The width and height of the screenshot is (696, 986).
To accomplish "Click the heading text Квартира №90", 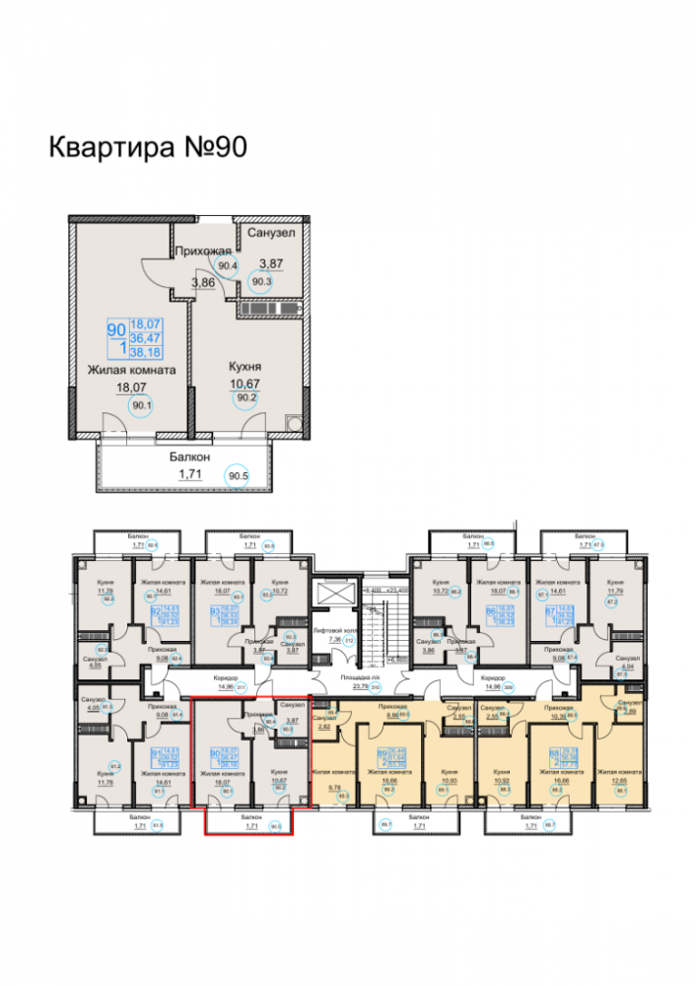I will click(x=147, y=147).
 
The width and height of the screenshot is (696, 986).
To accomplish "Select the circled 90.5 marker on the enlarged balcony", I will click(x=238, y=476).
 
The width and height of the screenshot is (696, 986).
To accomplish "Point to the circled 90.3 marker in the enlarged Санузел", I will click(x=262, y=280).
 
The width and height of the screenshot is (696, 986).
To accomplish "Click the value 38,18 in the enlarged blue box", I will click(x=146, y=351).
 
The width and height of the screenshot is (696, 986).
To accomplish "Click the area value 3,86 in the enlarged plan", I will click(x=203, y=283).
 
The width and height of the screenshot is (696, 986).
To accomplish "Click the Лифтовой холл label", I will click(x=331, y=628).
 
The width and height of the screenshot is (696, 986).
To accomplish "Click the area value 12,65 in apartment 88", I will click(x=617, y=786).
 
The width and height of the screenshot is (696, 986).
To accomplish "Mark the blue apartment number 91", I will click(x=155, y=754).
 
